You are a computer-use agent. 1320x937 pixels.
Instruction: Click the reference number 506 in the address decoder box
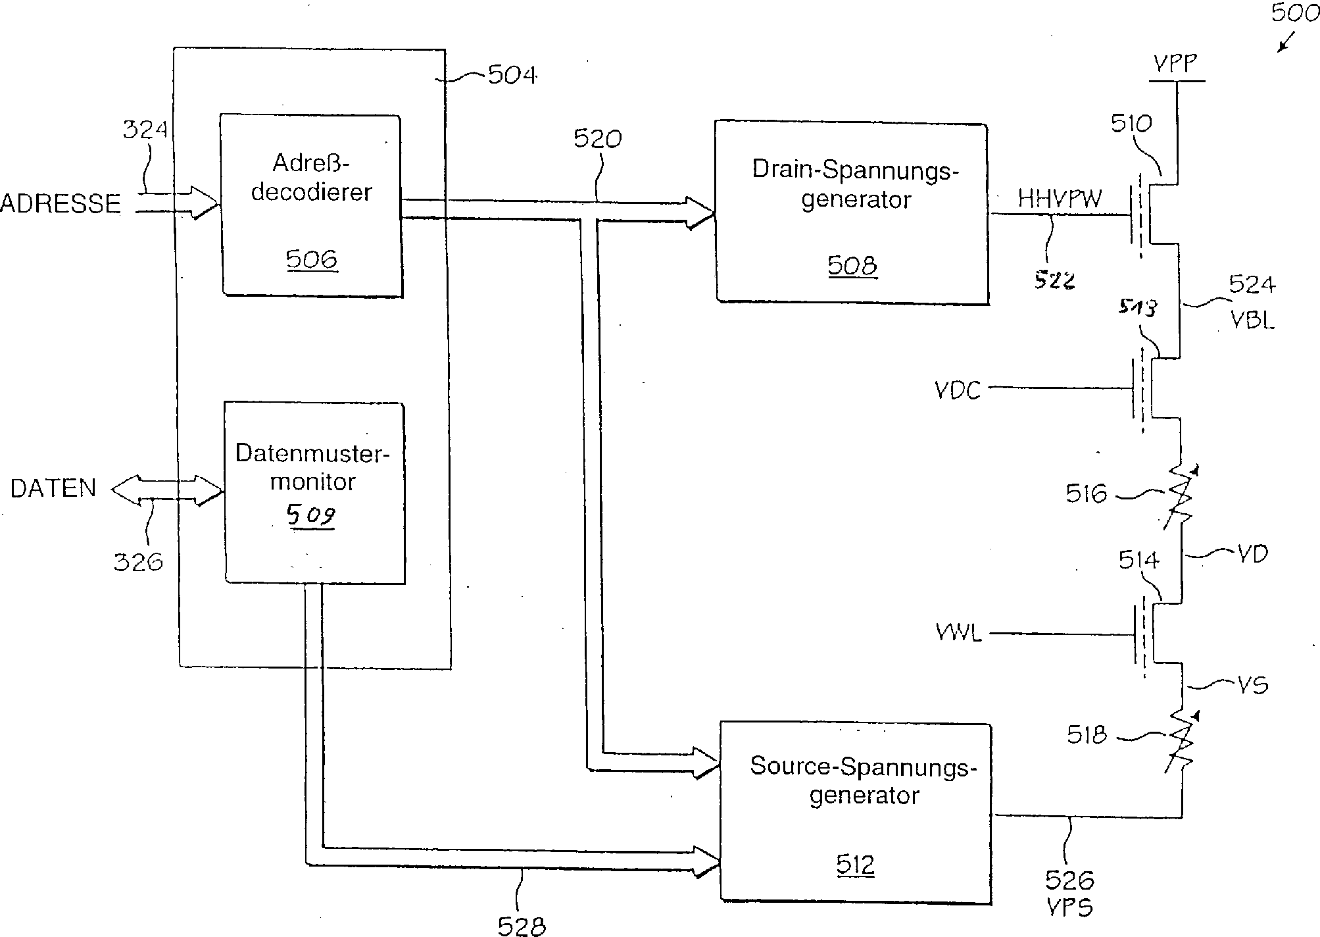[x=311, y=259]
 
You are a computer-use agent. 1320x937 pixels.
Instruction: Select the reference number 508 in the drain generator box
[x=852, y=265]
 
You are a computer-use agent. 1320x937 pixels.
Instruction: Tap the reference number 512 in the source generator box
[x=856, y=864]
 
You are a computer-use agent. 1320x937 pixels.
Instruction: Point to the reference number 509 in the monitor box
[x=311, y=515]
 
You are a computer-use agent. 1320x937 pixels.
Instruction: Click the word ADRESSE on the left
[x=61, y=203]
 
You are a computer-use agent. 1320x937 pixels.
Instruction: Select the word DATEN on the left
[x=53, y=488]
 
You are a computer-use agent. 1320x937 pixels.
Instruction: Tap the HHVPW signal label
[x=1060, y=198]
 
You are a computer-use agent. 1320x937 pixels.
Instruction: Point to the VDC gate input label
[x=958, y=390]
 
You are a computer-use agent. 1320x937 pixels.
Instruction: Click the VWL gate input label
[x=959, y=633]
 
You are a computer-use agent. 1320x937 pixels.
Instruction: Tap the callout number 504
[x=512, y=75]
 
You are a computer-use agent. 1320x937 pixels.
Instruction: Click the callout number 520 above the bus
[x=597, y=139]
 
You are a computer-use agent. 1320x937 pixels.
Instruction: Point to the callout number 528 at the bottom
[x=522, y=926]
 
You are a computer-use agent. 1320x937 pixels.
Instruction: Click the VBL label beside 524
[x=1252, y=320]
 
